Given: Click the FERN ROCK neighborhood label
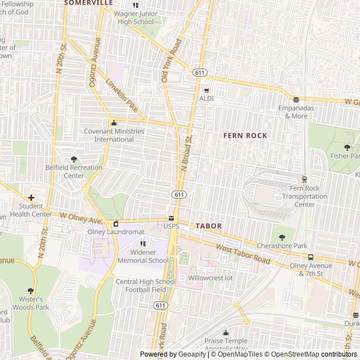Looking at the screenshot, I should (x=245, y=136).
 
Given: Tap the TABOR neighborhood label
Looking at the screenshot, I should (x=209, y=226).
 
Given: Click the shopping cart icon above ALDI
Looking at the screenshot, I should (x=206, y=90).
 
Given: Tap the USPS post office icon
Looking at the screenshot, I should (x=172, y=218).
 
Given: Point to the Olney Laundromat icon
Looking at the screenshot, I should (x=116, y=224).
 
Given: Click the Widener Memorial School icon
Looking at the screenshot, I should (x=142, y=244).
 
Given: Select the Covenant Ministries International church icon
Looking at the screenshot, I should (x=114, y=123).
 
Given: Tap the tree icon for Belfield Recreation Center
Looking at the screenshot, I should (x=74, y=159).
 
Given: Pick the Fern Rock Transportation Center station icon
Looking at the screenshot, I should (x=304, y=179).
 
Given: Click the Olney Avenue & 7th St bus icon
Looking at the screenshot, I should (x=310, y=257).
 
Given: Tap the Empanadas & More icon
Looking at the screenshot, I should (x=296, y=100).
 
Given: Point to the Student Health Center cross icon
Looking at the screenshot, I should (x=31, y=197).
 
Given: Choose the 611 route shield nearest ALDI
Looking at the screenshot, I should (x=200, y=73).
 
